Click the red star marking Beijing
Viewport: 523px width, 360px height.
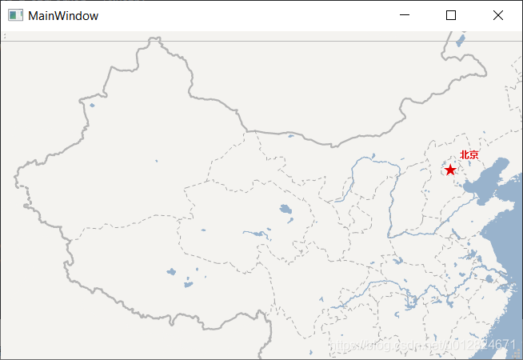click(x=450, y=170)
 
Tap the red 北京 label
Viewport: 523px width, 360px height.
click(x=469, y=155)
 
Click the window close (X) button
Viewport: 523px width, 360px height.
click(x=498, y=15)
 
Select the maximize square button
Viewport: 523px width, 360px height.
click(x=451, y=15)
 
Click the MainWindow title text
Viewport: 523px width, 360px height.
click(x=63, y=15)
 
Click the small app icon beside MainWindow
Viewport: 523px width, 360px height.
click(x=15, y=15)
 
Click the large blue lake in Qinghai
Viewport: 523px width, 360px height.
click(x=285, y=210)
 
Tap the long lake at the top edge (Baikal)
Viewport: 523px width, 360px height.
click(x=460, y=39)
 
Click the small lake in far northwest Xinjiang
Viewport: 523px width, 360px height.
click(x=92, y=105)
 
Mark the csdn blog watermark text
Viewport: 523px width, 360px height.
click(x=424, y=344)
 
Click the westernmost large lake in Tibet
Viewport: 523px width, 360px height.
click(x=170, y=272)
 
